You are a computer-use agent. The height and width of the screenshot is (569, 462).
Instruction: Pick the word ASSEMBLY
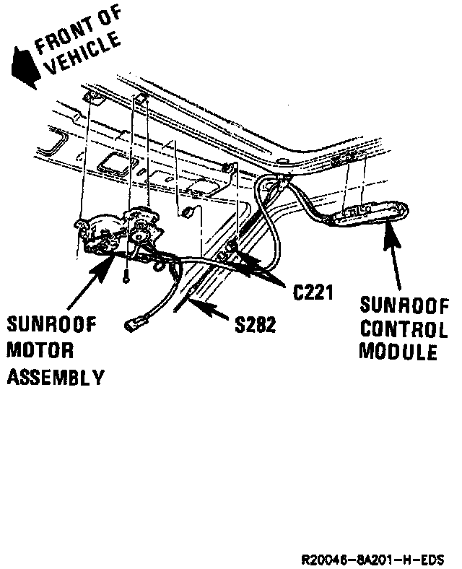pos(56,377)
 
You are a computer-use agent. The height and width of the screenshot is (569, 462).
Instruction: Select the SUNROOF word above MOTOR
pos(52,326)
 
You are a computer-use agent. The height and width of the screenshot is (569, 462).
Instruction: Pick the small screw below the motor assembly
pos(126,274)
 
